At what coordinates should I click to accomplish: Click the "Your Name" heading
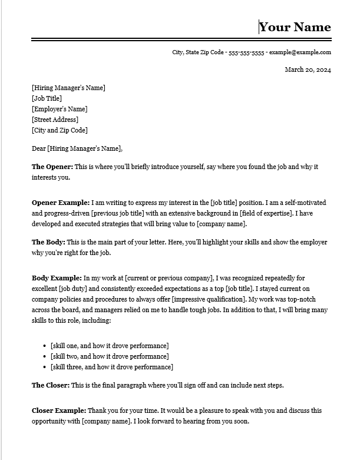tap(295, 27)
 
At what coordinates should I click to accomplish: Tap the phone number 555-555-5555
tap(246, 52)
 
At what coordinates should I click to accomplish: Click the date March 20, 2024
tap(308, 70)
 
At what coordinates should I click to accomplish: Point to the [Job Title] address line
tap(47, 98)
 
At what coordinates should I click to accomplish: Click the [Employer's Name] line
tap(60, 109)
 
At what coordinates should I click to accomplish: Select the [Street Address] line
tap(55, 120)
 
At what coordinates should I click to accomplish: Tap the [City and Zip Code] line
tap(60, 130)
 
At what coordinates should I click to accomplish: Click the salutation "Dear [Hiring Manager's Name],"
tap(77, 148)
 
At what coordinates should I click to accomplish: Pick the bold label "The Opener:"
tap(52, 167)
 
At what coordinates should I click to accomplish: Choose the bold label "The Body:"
tap(48, 242)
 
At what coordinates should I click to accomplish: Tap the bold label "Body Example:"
tap(57, 278)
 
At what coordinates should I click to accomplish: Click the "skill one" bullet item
tap(110, 346)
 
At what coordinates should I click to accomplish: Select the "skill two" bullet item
tap(110, 356)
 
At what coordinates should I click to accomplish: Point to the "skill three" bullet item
tap(112, 367)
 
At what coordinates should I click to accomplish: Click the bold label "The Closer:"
tap(51, 385)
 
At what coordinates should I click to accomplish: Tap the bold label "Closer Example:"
tap(59, 411)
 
